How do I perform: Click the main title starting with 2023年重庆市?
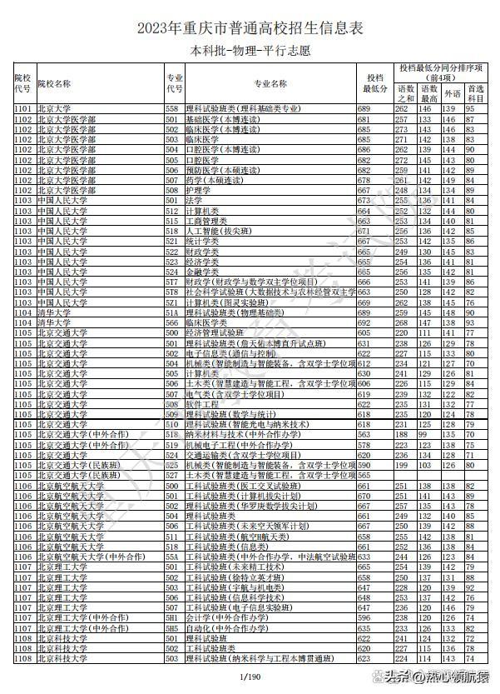(250, 28)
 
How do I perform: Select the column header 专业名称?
(270, 83)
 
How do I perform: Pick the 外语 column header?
(452, 92)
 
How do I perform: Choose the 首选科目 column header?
(476, 92)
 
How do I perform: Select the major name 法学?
(193, 201)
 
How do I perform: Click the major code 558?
(172, 109)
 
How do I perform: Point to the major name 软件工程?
(201, 403)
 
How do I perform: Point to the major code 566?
(172, 322)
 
